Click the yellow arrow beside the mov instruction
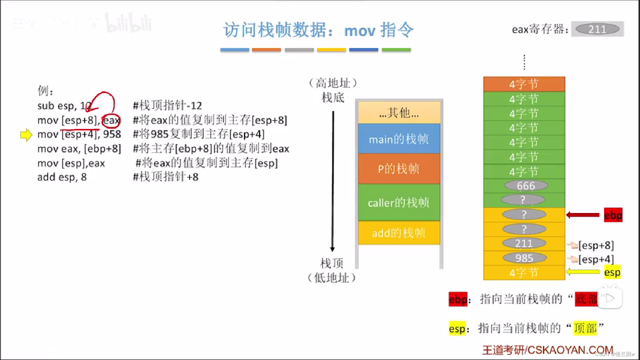click(26, 135)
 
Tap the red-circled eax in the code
click(111, 120)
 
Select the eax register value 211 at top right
click(597, 29)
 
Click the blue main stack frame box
click(399, 139)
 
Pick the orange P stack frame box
click(399, 169)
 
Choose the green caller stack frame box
click(399, 202)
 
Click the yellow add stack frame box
click(399, 233)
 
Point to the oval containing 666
click(526, 186)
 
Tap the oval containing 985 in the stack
click(524, 258)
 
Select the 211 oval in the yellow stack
click(524, 243)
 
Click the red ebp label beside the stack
click(613, 215)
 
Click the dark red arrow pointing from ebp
click(583, 215)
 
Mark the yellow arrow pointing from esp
click(583, 272)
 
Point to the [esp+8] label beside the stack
click(596, 245)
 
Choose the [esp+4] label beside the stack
click(596, 259)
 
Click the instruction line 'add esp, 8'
click(62, 177)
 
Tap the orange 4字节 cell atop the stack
click(524, 84)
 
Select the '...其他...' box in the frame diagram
click(399, 113)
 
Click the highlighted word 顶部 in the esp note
click(585, 328)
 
